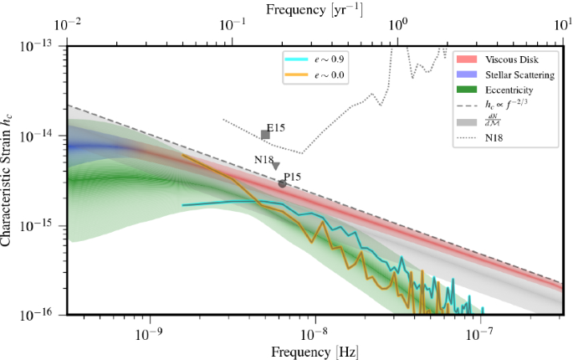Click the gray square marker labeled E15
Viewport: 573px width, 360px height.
point(265,135)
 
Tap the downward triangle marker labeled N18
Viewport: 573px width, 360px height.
point(276,167)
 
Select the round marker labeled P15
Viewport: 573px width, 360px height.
point(283,183)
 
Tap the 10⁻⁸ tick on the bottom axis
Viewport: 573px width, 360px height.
point(315,332)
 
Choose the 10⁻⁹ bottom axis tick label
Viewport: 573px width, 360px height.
point(150,332)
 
